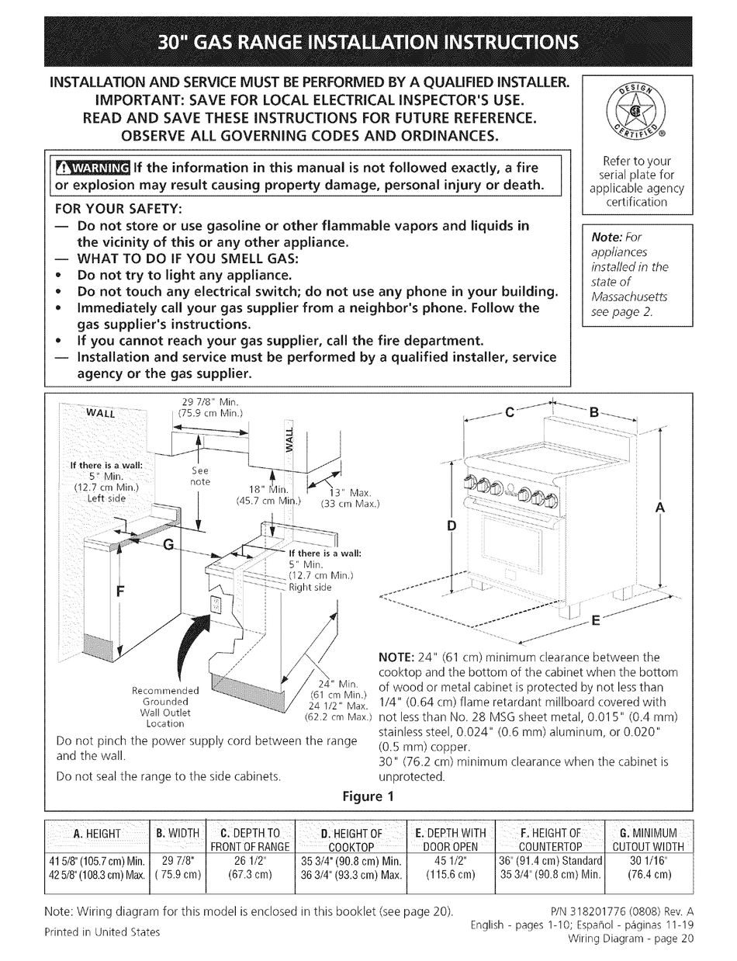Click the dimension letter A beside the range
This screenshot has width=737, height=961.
[660, 507]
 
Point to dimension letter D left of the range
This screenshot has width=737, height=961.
[452, 526]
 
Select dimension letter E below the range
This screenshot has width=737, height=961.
[596, 620]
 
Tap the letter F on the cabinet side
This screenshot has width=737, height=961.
[120, 591]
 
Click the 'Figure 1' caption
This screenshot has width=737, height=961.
[368, 796]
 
